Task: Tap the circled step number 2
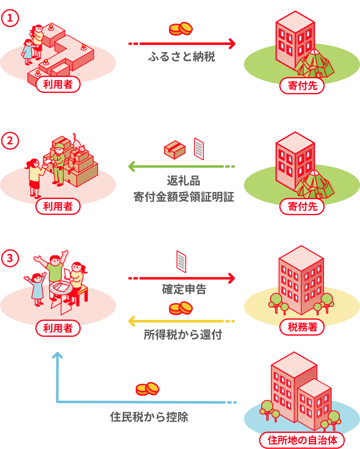(x=10, y=141)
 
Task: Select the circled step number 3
(x=10, y=258)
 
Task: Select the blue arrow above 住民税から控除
(x=145, y=402)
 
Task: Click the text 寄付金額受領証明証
(x=183, y=197)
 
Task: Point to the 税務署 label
(x=302, y=327)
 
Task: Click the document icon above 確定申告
(x=181, y=261)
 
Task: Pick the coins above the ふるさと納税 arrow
(x=180, y=29)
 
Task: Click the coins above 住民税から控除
(x=147, y=389)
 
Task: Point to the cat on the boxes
(x=78, y=144)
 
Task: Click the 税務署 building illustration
(x=301, y=277)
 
